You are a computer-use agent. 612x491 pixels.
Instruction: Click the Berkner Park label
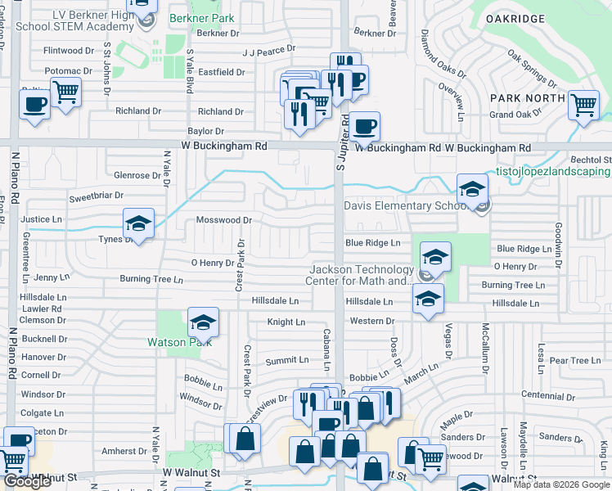(201, 18)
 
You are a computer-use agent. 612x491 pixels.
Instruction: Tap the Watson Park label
(173, 341)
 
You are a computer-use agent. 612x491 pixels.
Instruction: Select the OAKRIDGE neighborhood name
(538, 17)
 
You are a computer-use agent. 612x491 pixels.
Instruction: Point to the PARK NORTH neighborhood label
(527, 98)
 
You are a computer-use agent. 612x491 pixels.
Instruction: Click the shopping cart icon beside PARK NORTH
(583, 105)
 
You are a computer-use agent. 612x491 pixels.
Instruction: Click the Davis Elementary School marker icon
(472, 190)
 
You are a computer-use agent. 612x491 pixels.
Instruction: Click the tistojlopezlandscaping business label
(552, 172)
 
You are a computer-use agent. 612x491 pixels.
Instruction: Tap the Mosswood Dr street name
(223, 220)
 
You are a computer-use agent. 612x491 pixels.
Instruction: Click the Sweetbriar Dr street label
(96, 196)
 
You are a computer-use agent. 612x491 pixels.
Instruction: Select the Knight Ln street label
(286, 322)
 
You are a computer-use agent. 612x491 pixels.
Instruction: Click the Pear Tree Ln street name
(575, 360)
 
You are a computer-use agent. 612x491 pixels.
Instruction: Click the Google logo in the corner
(27, 482)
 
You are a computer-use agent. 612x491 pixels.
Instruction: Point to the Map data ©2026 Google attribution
(561, 484)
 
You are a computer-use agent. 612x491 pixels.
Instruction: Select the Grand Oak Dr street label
(512, 115)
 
